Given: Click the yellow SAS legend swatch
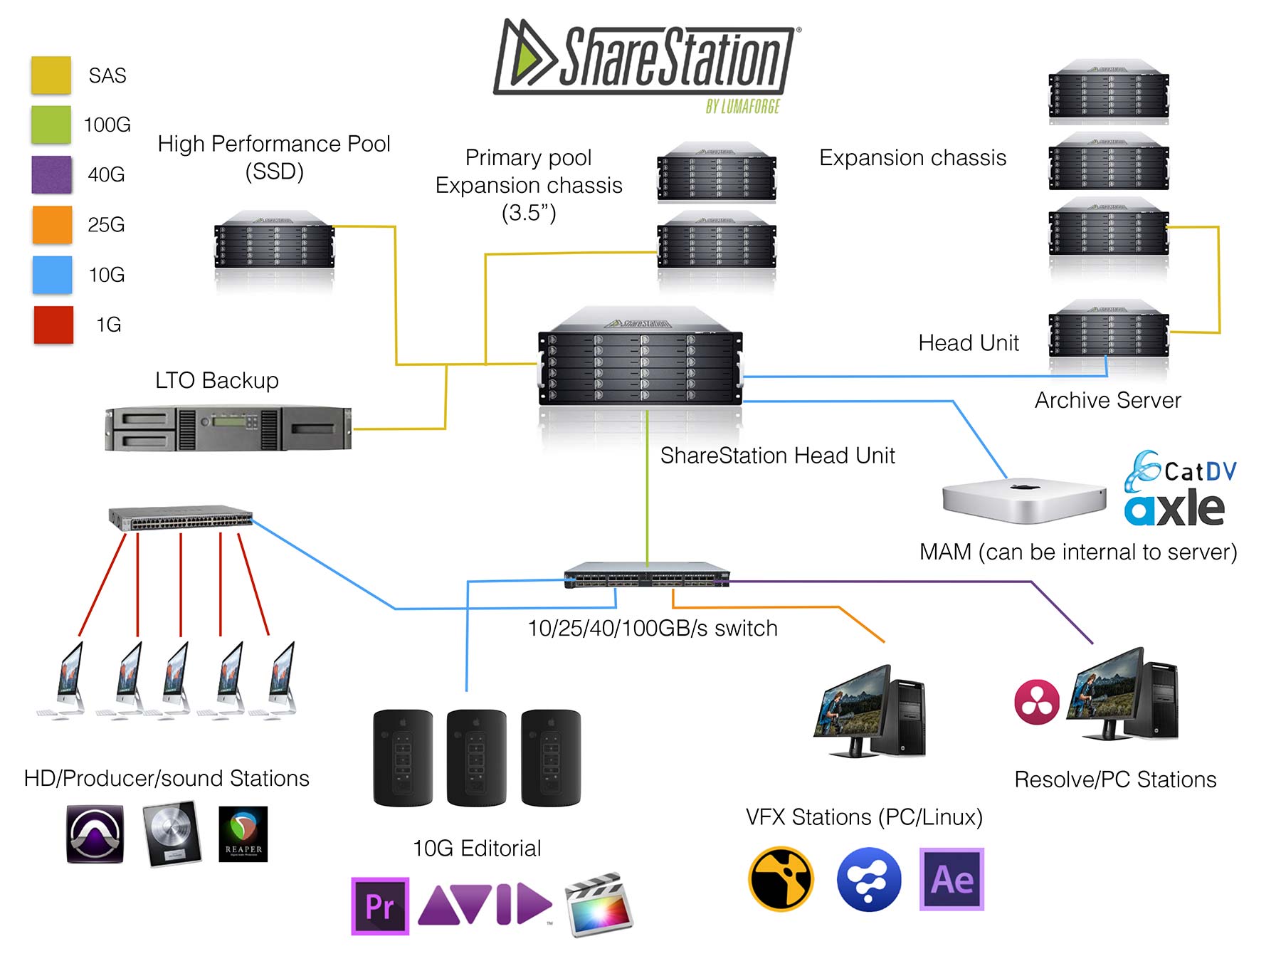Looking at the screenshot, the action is point(51,75).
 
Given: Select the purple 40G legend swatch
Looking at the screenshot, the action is point(51,174).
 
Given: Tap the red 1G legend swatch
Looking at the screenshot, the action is point(53,325).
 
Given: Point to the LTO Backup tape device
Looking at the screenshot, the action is point(228,429).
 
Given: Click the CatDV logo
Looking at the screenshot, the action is point(1180,470).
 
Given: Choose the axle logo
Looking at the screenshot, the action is point(1174,508).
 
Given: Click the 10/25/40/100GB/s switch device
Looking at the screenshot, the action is point(647,574).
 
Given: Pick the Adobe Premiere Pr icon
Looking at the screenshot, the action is point(380,905).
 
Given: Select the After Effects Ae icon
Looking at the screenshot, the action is point(951,879).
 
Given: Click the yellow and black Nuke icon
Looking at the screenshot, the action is point(781,879).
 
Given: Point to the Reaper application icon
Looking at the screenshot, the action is point(243,834).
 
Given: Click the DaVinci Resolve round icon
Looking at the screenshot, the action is point(1036,702).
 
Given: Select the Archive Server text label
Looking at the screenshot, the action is point(1107,400).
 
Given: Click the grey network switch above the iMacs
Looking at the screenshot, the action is point(181,518).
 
